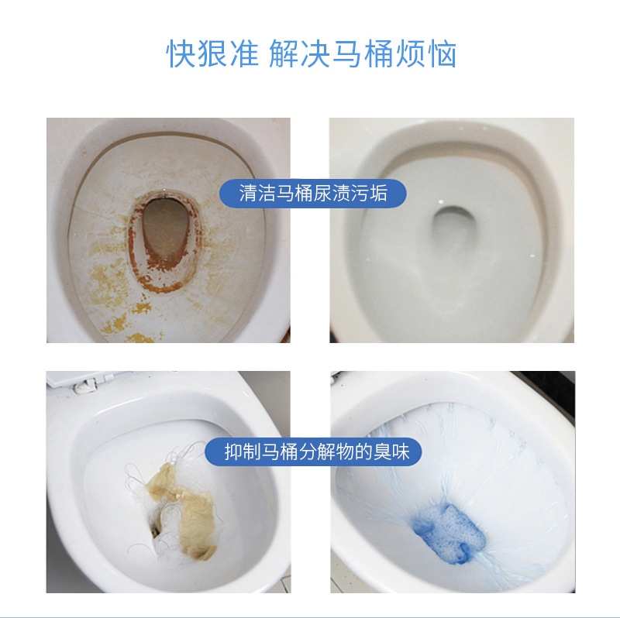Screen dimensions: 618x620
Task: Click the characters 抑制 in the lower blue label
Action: (240, 451)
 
